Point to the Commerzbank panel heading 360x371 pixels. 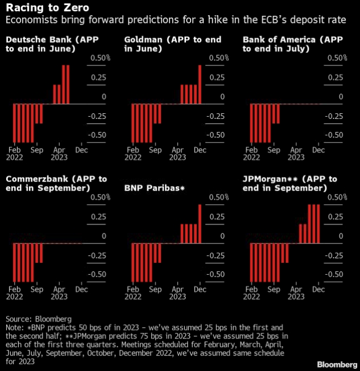click(x=56, y=183)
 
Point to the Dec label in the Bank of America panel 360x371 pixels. click(x=319, y=150)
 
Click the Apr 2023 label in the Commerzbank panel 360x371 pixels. click(x=59, y=293)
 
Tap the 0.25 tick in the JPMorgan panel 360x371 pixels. click(x=338, y=217)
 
